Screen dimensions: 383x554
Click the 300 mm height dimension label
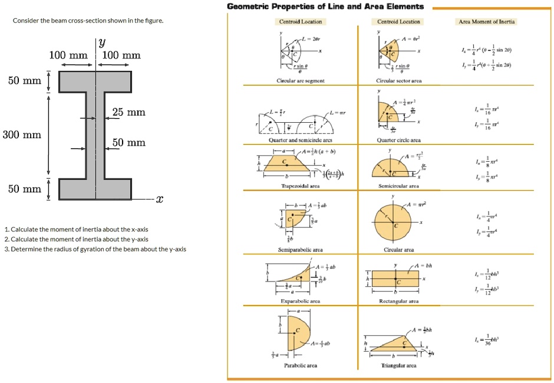click(x=22, y=135)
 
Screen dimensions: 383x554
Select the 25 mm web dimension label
click(x=128, y=112)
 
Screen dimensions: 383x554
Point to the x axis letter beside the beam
click(x=159, y=199)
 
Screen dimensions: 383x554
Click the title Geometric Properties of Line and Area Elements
click(x=325, y=6)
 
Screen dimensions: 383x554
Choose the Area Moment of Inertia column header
click(x=486, y=22)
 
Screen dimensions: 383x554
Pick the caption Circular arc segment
click(x=301, y=81)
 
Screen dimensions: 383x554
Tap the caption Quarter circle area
click(x=399, y=140)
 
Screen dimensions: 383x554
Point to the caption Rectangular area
click(x=399, y=301)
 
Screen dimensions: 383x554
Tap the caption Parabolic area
click(x=301, y=365)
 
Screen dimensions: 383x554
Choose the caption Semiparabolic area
click(x=301, y=250)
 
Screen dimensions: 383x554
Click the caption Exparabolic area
click(x=301, y=301)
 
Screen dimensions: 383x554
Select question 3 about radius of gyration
click(x=95, y=249)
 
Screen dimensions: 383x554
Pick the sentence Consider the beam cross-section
click(x=88, y=21)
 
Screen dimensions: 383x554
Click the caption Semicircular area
click(x=399, y=185)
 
